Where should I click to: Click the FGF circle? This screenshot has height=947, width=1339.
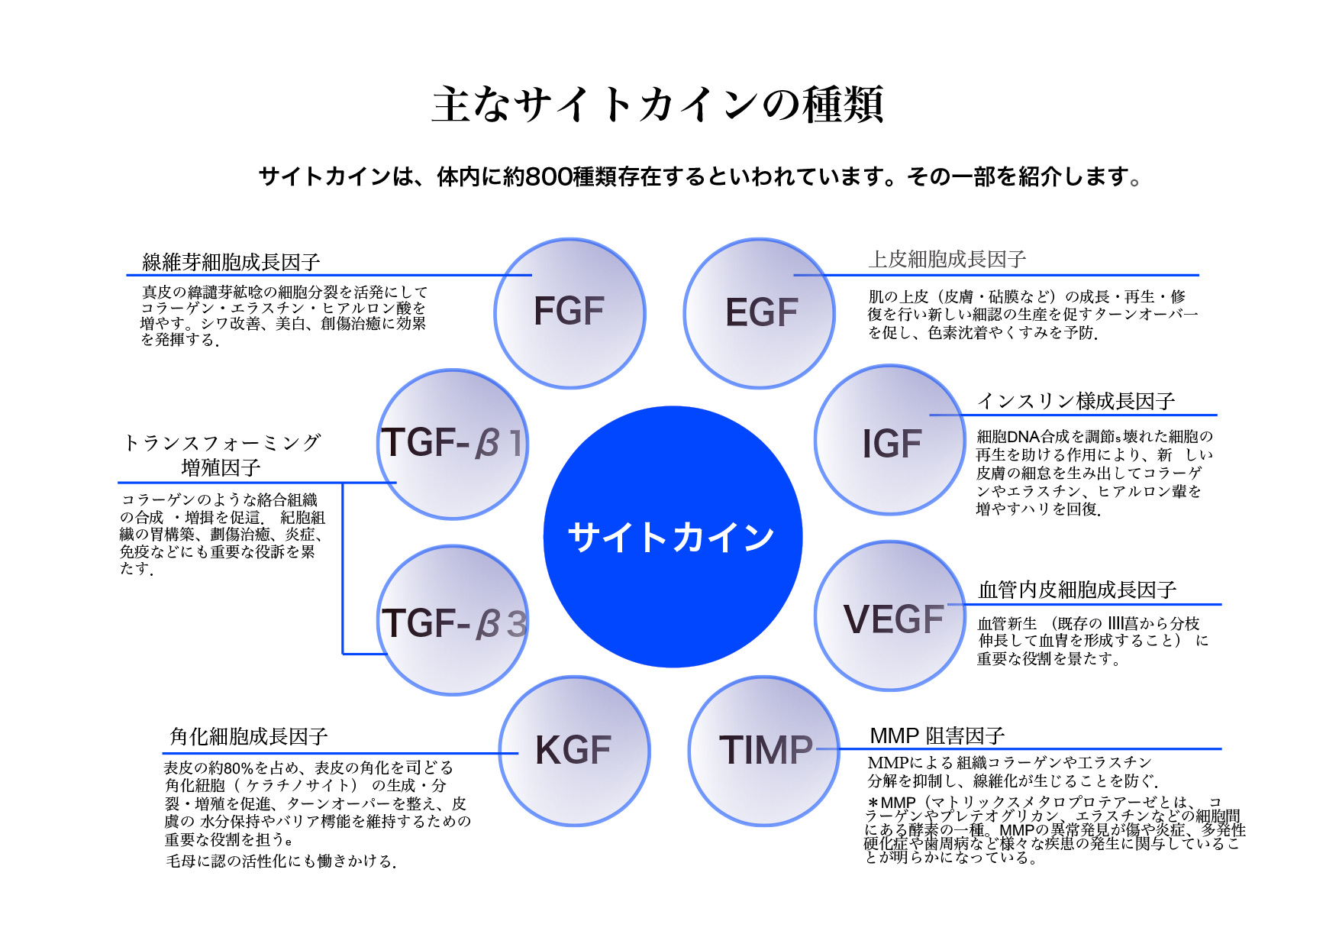[569, 312]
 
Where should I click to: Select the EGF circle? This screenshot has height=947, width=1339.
[760, 313]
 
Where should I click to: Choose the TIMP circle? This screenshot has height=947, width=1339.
[764, 750]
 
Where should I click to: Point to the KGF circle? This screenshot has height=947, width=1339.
[574, 750]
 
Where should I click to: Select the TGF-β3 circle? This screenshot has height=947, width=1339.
[453, 620]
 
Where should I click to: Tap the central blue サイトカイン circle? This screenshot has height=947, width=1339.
[673, 536]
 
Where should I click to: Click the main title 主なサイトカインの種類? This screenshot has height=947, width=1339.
[658, 104]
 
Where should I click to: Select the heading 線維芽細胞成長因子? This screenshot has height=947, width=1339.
[231, 262]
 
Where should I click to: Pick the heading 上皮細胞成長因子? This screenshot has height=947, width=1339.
[947, 260]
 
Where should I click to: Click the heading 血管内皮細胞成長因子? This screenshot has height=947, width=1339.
[1077, 590]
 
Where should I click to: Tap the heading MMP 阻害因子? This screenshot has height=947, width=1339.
[937, 735]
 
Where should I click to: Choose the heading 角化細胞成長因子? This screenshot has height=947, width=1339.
[249, 736]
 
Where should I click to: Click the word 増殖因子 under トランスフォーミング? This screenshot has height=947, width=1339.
[221, 467]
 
